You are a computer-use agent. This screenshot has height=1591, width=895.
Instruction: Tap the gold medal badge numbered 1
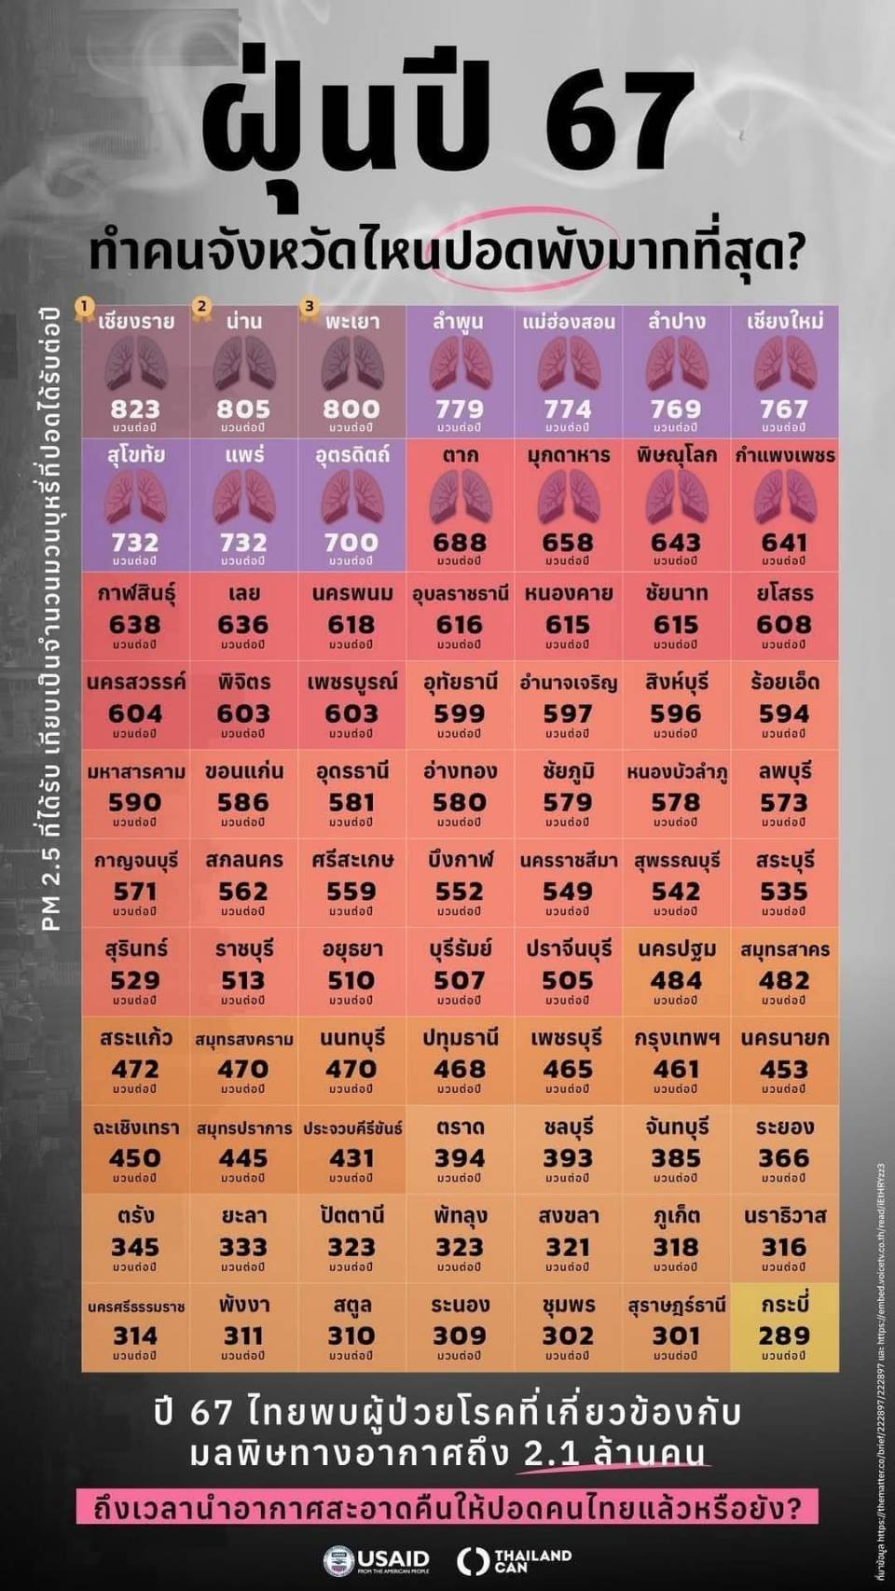[85, 307]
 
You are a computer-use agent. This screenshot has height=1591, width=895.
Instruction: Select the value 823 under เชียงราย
[135, 408]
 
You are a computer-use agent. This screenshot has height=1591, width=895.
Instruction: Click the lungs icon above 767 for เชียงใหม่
[785, 364]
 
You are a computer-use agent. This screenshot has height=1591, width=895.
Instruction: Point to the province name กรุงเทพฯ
[676, 1038]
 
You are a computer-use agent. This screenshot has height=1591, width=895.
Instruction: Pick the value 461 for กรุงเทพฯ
[676, 1069]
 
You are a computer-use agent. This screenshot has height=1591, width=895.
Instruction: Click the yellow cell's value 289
[784, 1335]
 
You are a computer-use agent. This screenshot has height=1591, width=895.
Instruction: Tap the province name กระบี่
[784, 1305]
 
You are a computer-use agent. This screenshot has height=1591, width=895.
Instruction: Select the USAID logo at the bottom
[377, 1560]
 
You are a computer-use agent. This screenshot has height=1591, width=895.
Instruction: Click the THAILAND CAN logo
[515, 1560]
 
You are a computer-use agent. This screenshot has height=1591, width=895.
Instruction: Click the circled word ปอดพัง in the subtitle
[528, 252]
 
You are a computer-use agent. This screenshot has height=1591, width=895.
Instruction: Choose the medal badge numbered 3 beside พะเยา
[309, 307]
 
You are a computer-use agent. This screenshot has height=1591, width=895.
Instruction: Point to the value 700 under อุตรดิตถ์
[351, 542]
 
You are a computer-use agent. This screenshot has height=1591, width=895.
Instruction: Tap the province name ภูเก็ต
[676, 1216]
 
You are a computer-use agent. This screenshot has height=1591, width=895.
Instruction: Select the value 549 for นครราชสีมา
[568, 892]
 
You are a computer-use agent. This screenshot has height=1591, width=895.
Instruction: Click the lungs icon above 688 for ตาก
[460, 497]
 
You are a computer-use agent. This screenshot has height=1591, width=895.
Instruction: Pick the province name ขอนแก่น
[243, 771]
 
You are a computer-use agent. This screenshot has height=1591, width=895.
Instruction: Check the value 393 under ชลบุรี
[568, 1158]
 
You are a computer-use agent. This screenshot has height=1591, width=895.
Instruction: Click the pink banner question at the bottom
[447, 1508]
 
